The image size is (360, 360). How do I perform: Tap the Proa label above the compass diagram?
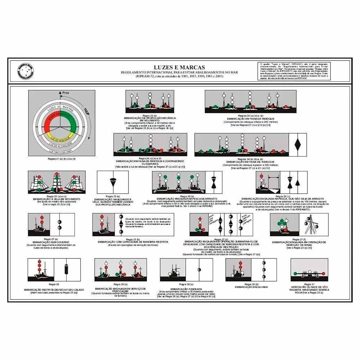[x=65, y=93]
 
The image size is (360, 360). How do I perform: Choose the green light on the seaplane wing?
[x=295, y=274]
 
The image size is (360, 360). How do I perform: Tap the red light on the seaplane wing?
[x=323, y=274]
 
